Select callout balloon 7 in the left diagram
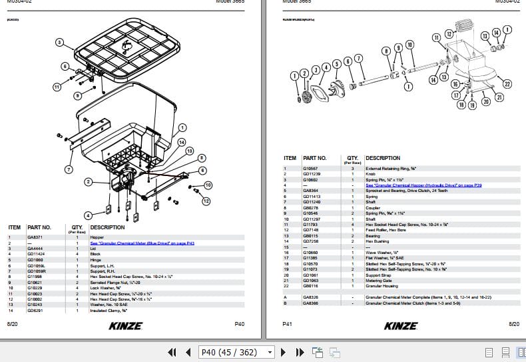click(x=68, y=169)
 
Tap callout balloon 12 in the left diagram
click(x=206, y=201)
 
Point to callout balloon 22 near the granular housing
click(x=507, y=84)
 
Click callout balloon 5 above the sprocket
click(x=337, y=63)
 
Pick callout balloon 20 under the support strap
click(x=485, y=101)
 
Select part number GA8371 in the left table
click(x=35, y=237)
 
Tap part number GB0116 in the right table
click(x=310, y=286)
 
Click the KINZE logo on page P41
click(x=401, y=325)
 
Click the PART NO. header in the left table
click(x=39, y=227)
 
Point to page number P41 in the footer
click(x=288, y=323)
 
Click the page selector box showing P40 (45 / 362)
click(x=237, y=352)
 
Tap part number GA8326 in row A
click(x=310, y=297)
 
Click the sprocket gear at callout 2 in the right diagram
click(x=308, y=97)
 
